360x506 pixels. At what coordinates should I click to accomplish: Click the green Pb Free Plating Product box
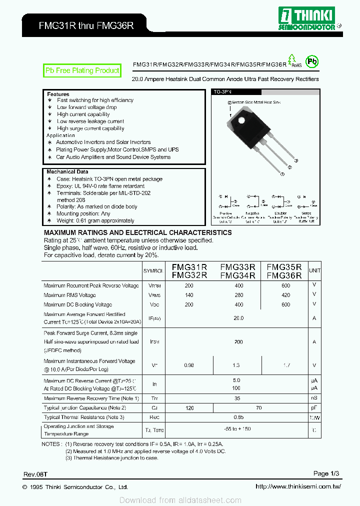pos(82,71)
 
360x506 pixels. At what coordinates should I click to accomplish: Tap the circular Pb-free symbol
pos(312,61)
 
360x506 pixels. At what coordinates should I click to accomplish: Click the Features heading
pos(58,94)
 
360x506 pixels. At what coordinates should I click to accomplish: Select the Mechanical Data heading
pos(67,172)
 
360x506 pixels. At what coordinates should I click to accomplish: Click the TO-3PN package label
pos(223,92)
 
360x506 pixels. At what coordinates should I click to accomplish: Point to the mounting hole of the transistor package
pos(241,121)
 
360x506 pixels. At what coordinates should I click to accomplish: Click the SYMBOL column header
pos(153,270)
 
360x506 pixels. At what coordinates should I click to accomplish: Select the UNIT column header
pos(314,270)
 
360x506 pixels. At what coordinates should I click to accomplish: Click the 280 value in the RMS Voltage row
pos(238,295)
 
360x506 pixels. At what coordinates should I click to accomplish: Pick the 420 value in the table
pos(285,295)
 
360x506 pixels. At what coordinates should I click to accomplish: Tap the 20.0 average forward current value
pos(238,318)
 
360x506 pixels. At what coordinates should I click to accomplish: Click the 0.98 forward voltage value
pos(189,365)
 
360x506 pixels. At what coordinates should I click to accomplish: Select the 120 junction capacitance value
pos(189,408)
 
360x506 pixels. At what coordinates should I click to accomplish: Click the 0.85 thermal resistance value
pos(238,417)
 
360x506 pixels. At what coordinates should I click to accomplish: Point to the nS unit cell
pos(314,398)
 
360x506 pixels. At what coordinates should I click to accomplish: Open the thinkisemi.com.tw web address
pos(298,486)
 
